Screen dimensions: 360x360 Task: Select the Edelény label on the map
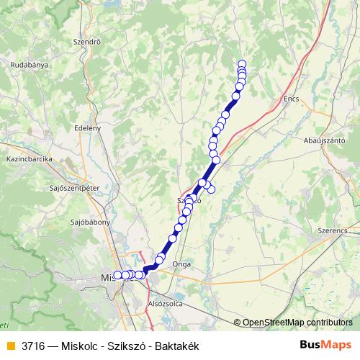86,127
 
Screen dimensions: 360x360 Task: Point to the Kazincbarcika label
27,158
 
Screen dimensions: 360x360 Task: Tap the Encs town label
291,99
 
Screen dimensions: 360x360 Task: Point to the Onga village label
181,264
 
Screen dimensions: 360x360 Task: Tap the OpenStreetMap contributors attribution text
297,322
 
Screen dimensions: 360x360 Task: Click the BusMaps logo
326,344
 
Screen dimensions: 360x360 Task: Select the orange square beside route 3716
10,345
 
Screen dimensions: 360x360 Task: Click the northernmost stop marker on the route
242,63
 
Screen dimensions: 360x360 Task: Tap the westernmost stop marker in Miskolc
117,275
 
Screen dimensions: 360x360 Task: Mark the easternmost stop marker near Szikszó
211,189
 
